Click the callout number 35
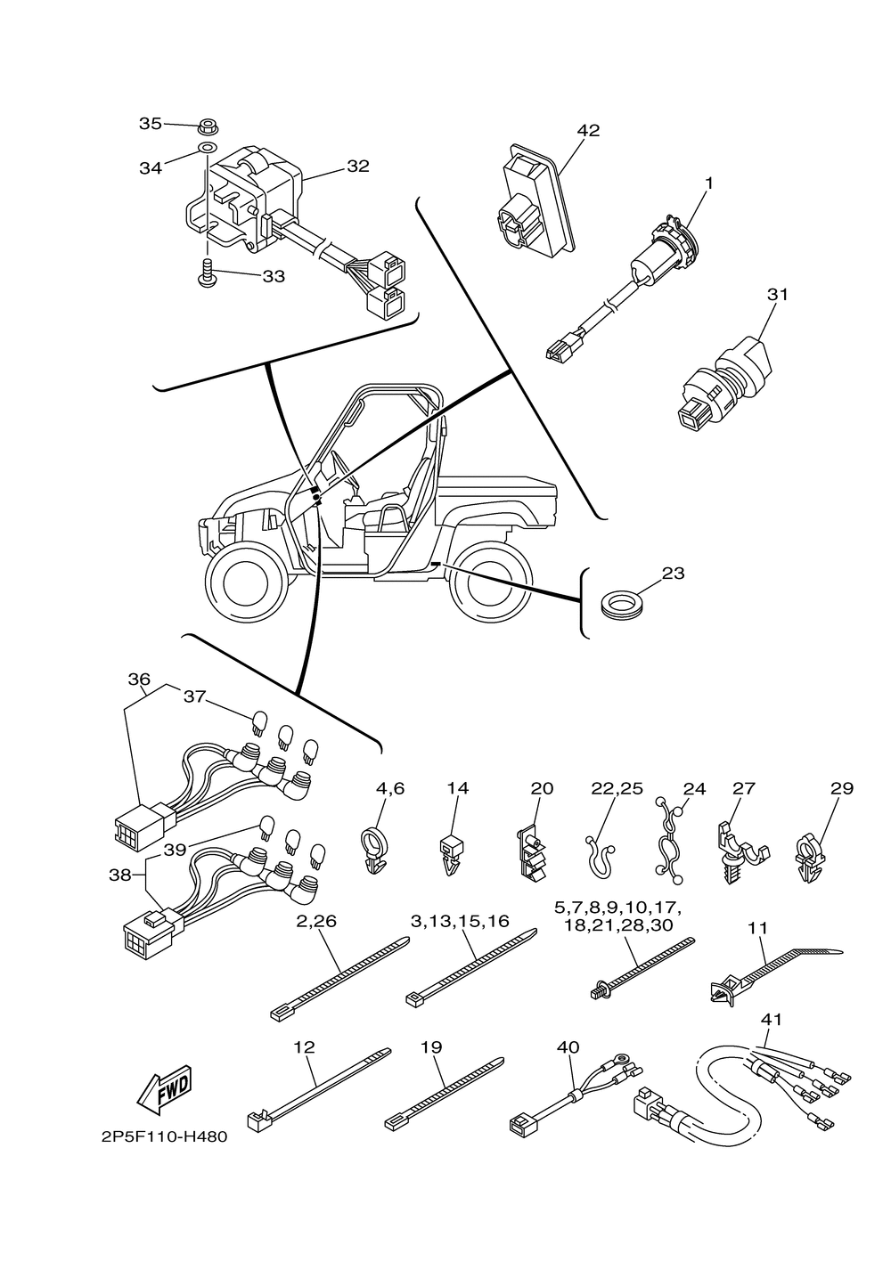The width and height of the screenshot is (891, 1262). (151, 124)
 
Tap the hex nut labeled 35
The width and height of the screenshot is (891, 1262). (208, 126)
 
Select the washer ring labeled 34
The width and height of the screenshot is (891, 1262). (207, 148)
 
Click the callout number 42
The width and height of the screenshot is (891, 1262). (588, 130)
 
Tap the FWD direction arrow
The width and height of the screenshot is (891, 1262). (165, 1090)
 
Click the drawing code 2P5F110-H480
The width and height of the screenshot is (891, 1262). (164, 1137)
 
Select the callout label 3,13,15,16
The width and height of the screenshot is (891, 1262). (460, 921)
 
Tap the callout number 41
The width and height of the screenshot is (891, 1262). (771, 1019)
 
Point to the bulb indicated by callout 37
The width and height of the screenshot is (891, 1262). (260, 723)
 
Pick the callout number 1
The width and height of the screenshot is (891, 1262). (709, 183)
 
